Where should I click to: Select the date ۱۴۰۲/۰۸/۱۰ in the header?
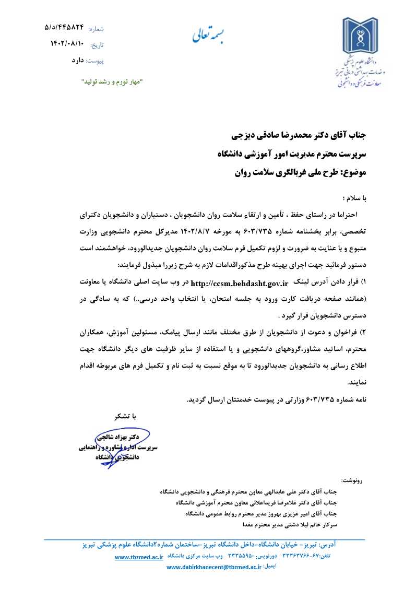(67, 43)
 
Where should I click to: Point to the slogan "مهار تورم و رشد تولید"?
(112, 82)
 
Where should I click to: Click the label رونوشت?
(351, 479)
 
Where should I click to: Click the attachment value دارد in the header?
(78, 61)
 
